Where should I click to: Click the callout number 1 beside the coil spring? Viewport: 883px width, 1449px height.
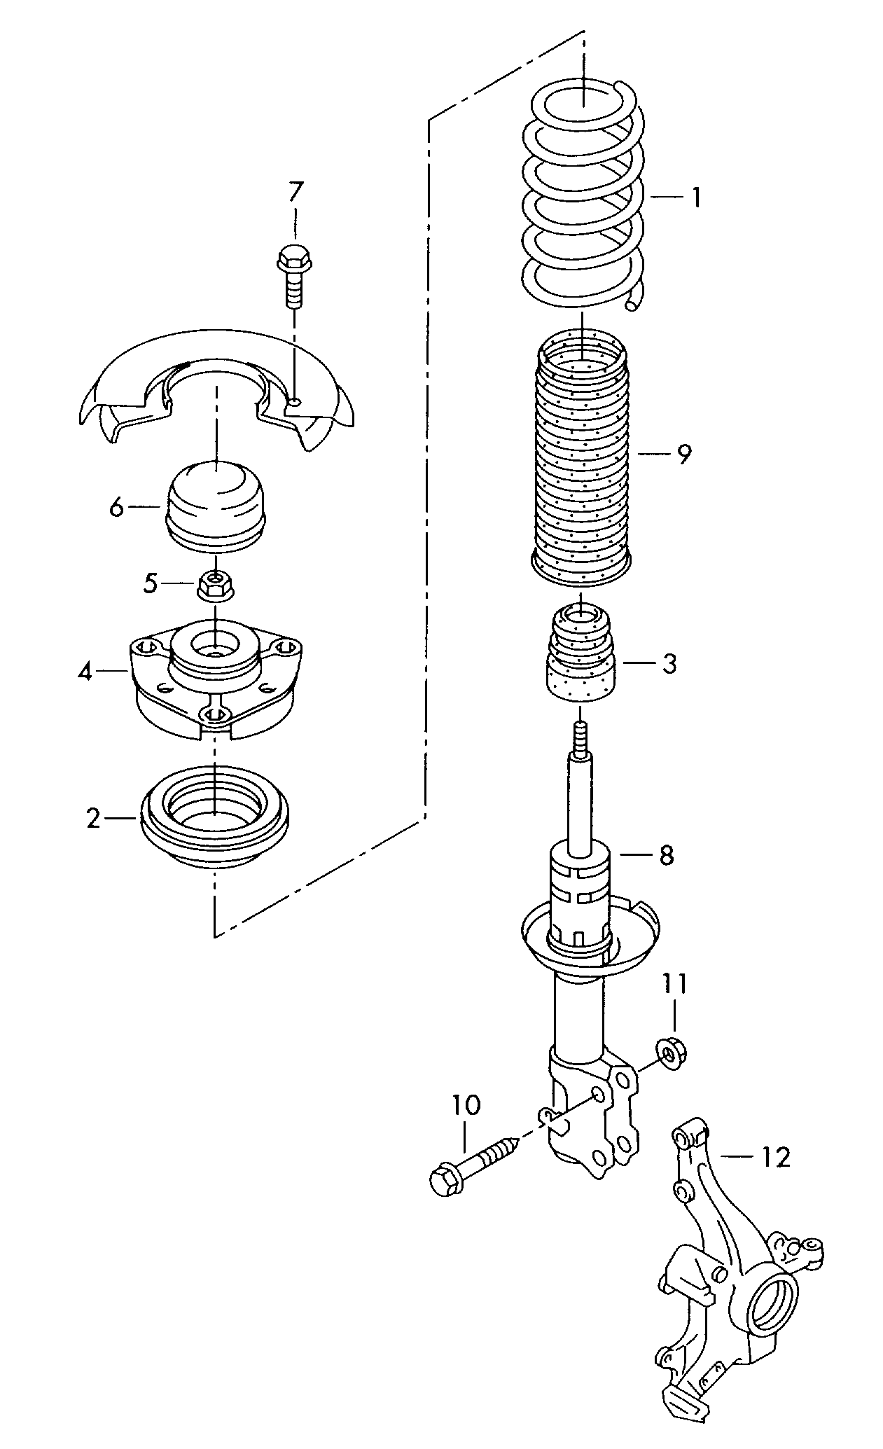[x=695, y=198]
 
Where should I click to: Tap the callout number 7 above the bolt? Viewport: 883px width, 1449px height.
[x=296, y=191]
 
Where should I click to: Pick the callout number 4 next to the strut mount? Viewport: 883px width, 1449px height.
[x=85, y=672]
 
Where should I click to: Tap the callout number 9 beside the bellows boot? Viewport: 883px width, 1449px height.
[x=683, y=454]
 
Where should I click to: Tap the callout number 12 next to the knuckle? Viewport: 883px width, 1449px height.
[x=775, y=1156]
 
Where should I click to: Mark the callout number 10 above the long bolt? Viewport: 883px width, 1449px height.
[x=466, y=1105]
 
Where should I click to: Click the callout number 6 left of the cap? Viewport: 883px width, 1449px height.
[x=116, y=506]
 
